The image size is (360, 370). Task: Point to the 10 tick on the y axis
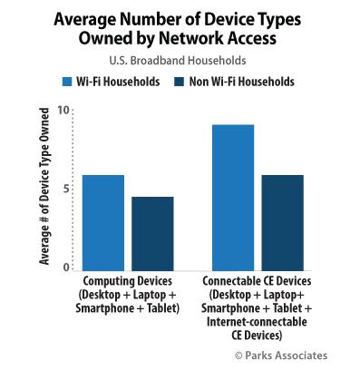pyautogui.click(x=63, y=110)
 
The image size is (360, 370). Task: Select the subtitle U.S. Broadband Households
pyautogui.click(x=180, y=60)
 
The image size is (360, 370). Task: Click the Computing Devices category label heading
pyautogui.click(x=127, y=281)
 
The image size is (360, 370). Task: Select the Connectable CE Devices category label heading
pyautogui.click(x=256, y=281)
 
